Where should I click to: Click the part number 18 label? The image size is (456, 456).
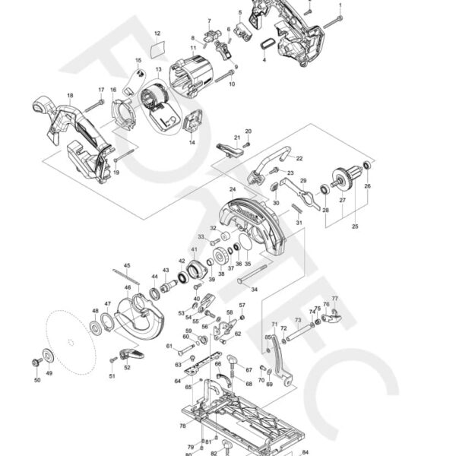[x=70, y=96]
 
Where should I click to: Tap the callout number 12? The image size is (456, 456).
[x=157, y=34]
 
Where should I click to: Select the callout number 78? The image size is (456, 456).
[x=182, y=427]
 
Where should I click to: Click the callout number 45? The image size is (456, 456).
[x=127, y=265]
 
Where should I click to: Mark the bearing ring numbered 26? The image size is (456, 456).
[x=367, y=166]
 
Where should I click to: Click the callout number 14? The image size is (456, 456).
[x=192, y=141]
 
